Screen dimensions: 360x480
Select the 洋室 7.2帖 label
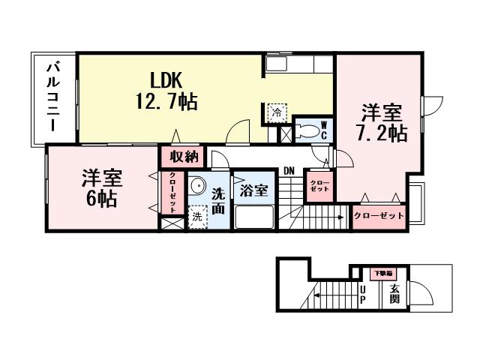point(381,123)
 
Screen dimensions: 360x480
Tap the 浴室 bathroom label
point(253,190)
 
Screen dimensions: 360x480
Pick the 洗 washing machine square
point(196,215)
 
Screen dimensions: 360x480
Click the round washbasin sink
point(196,187)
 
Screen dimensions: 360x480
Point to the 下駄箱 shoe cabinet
point(383,273)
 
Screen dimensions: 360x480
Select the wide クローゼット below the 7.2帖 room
point(379,215)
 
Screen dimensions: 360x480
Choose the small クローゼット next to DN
point(319,184)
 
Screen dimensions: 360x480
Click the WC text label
point(324,130)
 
